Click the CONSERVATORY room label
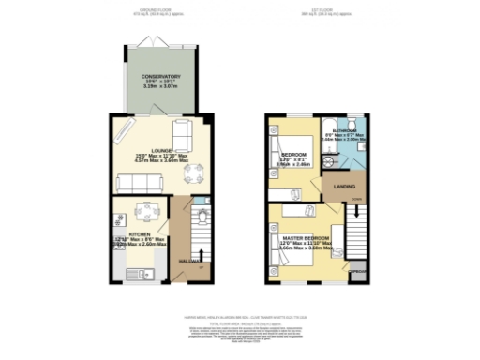161,76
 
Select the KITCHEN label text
140,235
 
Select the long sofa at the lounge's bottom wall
139,180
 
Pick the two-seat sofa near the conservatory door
183,130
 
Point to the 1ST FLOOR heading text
324,9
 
